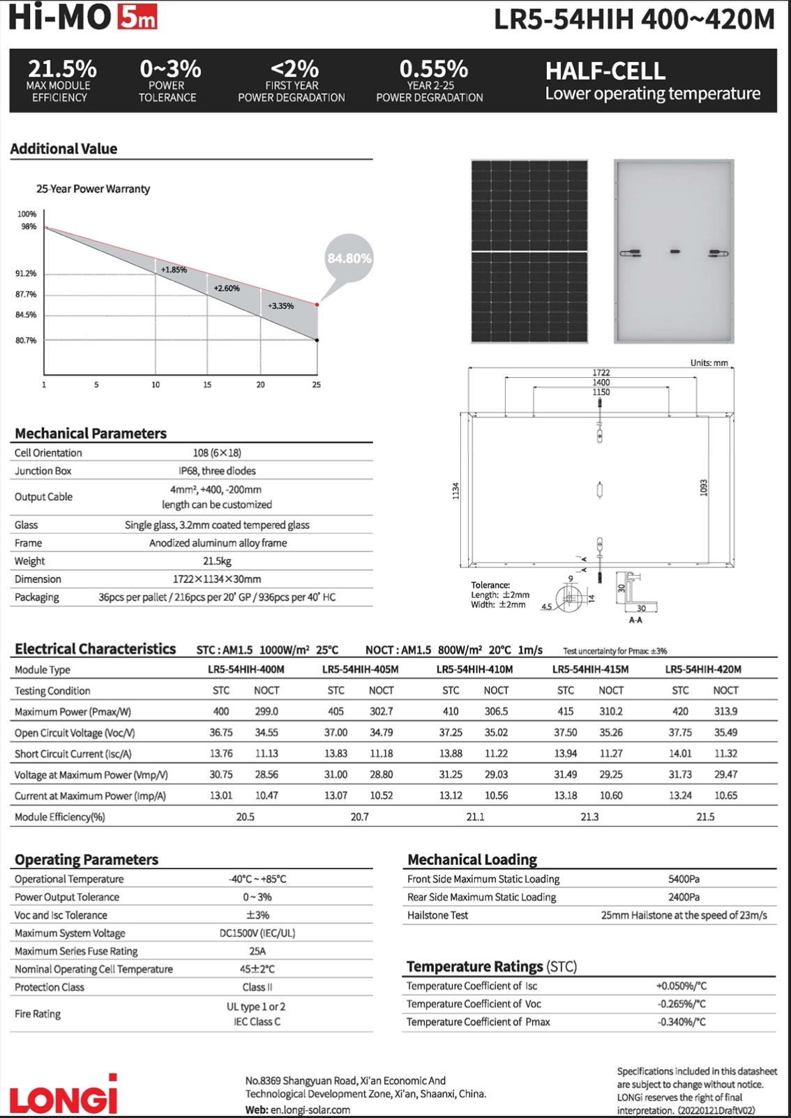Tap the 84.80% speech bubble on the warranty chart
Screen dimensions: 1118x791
(x=349, y=259)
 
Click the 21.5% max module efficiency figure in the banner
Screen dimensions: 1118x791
(x=62, y=69)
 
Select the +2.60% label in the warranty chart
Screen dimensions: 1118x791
(x=227, y=288)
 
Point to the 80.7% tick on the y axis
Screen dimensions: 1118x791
(x=26, y=340)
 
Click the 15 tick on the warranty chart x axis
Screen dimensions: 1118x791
(x=207, y=385)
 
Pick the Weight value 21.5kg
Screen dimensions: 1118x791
(x=217, y=561)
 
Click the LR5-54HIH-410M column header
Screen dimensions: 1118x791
(x=474, y=670)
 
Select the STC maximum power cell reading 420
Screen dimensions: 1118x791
(x=680, y=712)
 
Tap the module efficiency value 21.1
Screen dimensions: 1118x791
(x=475, y=817)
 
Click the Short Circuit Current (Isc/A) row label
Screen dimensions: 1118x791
(x=73, y=754)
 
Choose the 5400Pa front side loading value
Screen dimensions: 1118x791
(x=684, y=880)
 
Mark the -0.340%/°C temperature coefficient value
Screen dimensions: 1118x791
(x=681, y=1023)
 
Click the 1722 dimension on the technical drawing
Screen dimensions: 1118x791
(x=601, y=373)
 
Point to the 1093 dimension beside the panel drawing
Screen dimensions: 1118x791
(x=704, y=488)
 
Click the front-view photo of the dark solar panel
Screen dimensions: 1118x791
(x=529, y=251)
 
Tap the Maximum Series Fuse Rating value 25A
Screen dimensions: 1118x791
(x=257, y=951)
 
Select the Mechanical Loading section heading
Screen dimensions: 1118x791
(x=472, y=859)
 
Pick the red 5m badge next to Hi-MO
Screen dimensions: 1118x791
(x=137, y=17)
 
